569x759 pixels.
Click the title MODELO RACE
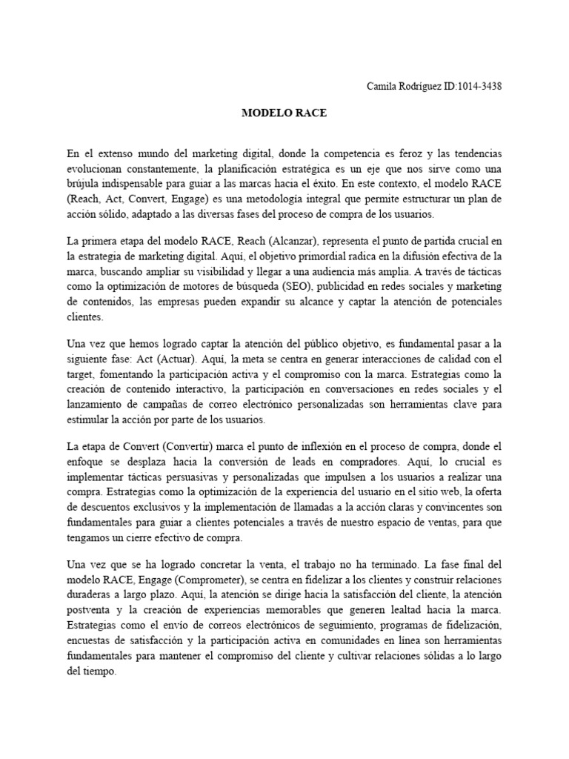pyautogui.click(x=284, y=114)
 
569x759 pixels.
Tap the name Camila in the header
pyautogui.click(x=382, y=87)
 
